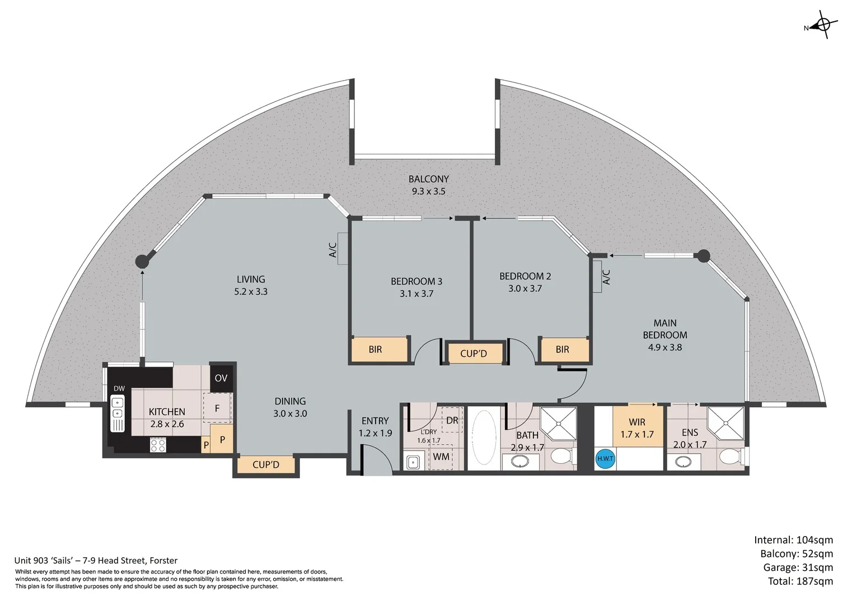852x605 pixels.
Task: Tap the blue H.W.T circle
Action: point(605,458)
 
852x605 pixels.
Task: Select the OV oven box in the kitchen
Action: point(221,378)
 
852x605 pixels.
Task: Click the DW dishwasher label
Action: point(119,389)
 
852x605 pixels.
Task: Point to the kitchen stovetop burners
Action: point(158,445)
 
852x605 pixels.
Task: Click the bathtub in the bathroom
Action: point(484,437)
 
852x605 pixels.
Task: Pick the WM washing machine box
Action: point(441,457)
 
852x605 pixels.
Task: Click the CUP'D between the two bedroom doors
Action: point(474,353)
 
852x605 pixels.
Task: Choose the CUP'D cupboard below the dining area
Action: point(266,464)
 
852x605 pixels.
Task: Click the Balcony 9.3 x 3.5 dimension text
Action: point(428,192)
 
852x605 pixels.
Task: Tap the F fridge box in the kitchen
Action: point(217,408)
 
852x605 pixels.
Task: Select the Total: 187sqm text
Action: point(800,581)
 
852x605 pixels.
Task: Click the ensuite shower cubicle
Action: point(725,423)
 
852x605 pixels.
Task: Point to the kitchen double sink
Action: point(118,413)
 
